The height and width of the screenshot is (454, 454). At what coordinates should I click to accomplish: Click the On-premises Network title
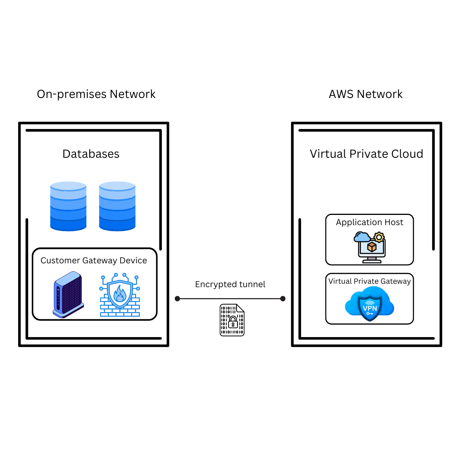96,94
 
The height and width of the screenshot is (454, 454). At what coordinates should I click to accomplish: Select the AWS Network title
365,94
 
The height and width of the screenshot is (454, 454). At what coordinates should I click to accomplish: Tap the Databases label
91,154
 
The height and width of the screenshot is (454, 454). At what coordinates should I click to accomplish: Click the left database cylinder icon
68,206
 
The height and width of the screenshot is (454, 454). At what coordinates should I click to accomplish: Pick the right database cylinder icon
117,206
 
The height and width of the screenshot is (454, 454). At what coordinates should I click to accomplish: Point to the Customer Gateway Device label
94,261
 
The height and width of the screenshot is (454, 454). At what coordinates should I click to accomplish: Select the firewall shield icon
120,295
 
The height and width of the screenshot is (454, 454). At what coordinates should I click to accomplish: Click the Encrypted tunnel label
230,285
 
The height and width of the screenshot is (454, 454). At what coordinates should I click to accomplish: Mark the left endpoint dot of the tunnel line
177,299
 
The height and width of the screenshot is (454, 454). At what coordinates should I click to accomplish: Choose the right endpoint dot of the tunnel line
283,299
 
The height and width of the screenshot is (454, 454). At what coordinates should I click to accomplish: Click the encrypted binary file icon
232,320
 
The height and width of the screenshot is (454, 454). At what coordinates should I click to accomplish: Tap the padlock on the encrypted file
233,323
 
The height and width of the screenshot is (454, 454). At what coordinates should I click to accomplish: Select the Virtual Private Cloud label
366,154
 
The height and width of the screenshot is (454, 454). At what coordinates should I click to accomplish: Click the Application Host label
370,222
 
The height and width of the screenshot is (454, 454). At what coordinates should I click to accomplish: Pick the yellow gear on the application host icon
379,238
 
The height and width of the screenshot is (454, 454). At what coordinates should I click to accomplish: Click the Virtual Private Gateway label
370,281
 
